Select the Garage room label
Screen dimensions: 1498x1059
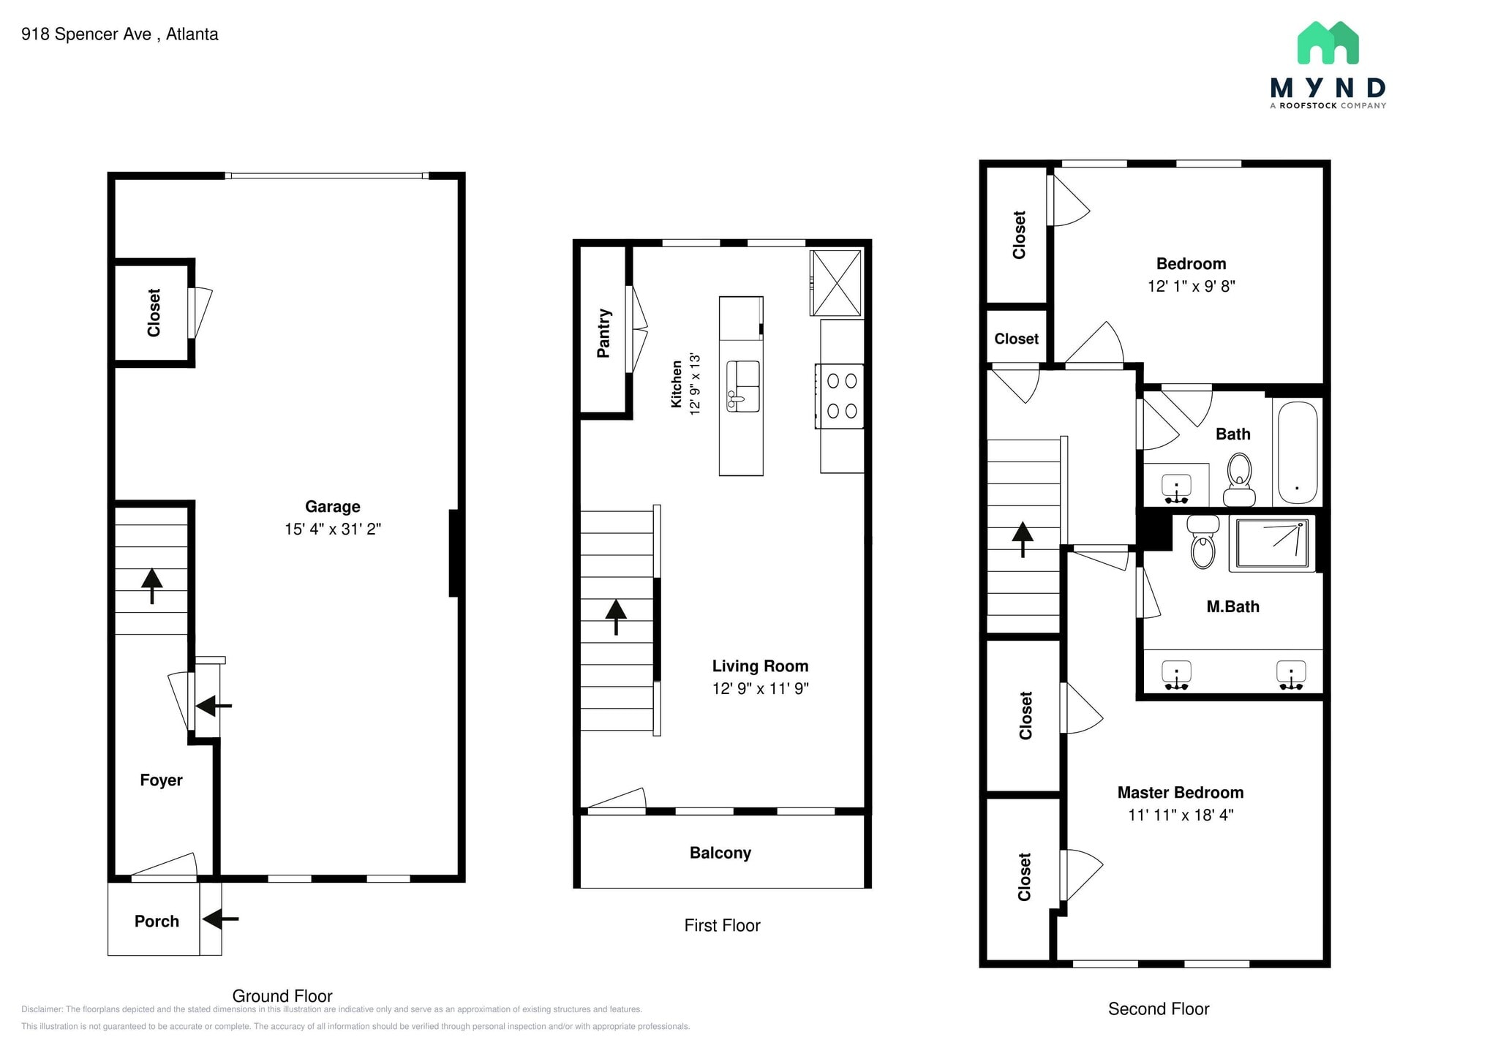coord(333,506)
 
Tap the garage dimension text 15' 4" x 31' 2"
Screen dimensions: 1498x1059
coord(333,529)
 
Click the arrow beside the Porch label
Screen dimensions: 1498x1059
coord(220,919)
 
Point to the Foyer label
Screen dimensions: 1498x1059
coord(161,780)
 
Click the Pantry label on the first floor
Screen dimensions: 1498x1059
coord(603,333)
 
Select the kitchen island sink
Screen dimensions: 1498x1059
coord(742,385)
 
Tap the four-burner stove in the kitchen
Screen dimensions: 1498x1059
coord(840,396)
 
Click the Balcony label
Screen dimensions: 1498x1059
coord(720,853)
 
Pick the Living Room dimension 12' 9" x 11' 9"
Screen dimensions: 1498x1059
coord(761,688)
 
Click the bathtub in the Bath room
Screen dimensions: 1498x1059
coord(1298,452)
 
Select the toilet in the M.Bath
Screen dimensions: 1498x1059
coord(1202,541)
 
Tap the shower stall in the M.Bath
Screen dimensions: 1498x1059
coord(1272,543)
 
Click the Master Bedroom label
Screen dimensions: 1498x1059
coord(1181,792)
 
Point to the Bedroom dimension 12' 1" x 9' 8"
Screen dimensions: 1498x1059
coord(1192,286)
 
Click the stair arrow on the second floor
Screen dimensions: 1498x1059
coord(1023,540)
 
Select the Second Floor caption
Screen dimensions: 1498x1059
coord(1159,1009)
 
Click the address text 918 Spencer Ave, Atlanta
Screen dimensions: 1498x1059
coord(120,34)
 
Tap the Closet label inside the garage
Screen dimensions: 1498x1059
coord(154,313)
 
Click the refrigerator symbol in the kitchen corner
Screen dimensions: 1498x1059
coord(836,283)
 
